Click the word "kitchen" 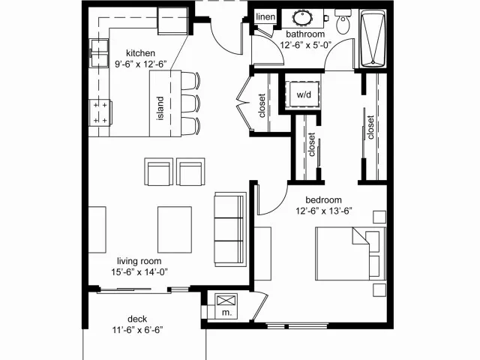click(x=140, y=53)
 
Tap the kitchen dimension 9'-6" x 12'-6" click(x=140, y=64)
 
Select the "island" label click(x=160, y=108)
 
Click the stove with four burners click(x=100, y=112)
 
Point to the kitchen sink click(x=99, y=52)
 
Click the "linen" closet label click(x=265, y=16)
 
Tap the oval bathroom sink click(x=302, y=17)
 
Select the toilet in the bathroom click(x=343, y=21)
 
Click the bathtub click(x=373, y=38)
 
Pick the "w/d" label click(x=303, y=94)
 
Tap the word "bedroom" click(x=323, y=200)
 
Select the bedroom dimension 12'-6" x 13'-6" click(x=324, y=211)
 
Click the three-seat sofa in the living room click(x=230, y=229)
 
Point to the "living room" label click(x=139, y=261)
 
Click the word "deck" click(x=137, y=319)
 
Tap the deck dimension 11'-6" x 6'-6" click(x=137, y=330)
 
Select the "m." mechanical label click(x=226, y=313)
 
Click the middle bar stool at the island click(x=190, y=103)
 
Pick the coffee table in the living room click(x=175, y=230)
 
